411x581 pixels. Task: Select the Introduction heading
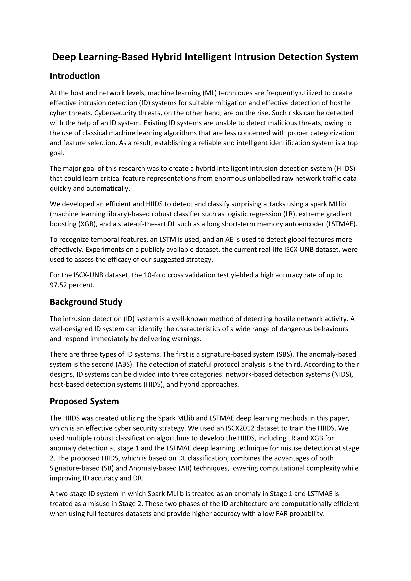click(75, 76)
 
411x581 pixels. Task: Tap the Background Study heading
click(86, 302)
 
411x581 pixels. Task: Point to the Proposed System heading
click(84, 401)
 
